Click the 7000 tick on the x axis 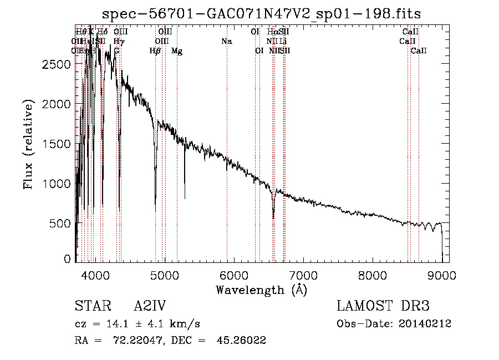coord(303,274)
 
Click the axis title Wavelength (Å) coord(261,290)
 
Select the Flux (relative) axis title coord(29,144)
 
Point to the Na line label coord(226,42)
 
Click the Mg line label coord(177,51)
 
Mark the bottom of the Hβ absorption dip coord(156,195)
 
